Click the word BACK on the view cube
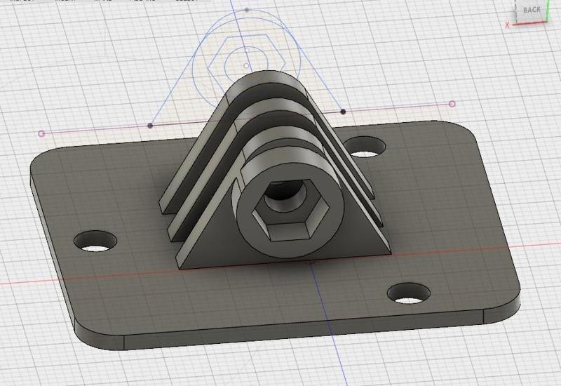tap(532, 10)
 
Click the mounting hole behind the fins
tap(365, 147)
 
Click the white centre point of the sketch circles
tap(245, 65)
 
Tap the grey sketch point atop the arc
tap(247, 10)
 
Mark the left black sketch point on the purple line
tap(150, 126)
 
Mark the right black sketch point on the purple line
tap(343, 112)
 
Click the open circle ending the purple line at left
tap(41, 133)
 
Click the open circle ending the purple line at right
tap(452, 104)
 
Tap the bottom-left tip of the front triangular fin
tap(180, 267)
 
